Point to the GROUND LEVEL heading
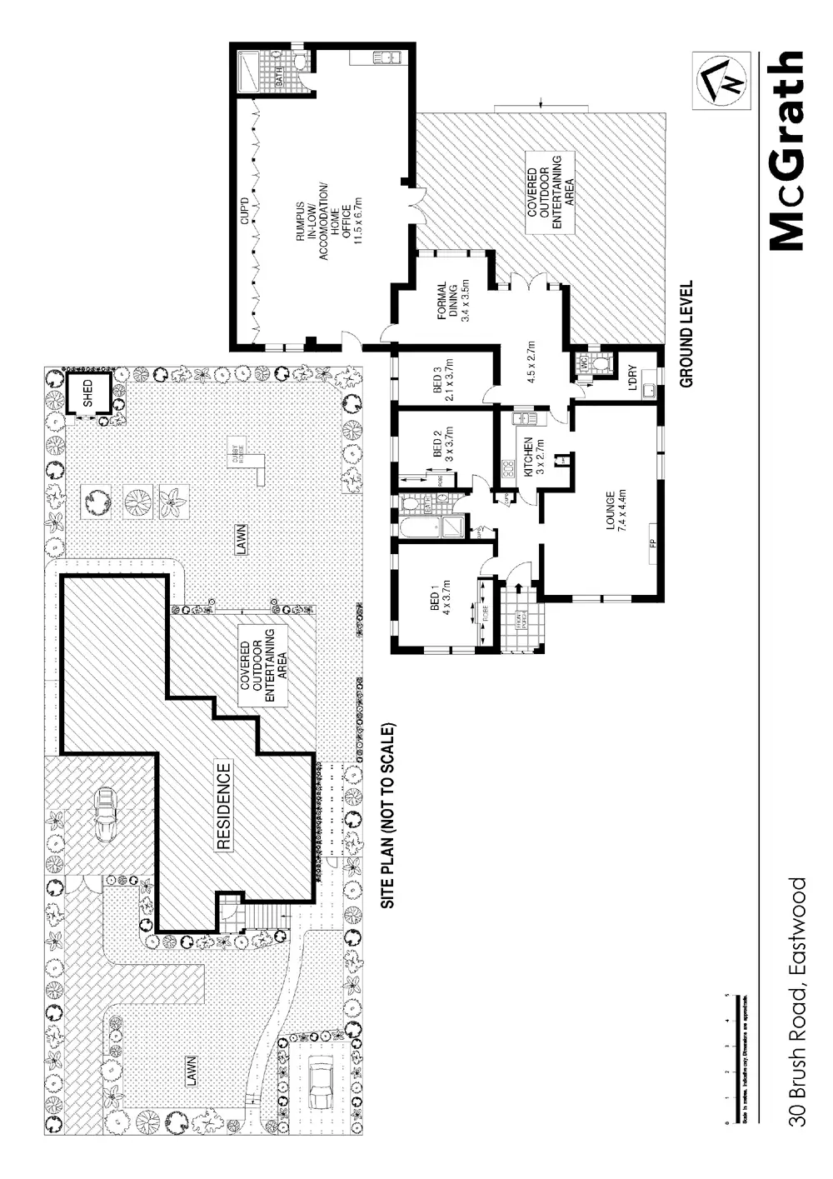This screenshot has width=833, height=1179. (x=687, y=333)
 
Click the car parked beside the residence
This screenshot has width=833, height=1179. (x=106, y=814)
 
